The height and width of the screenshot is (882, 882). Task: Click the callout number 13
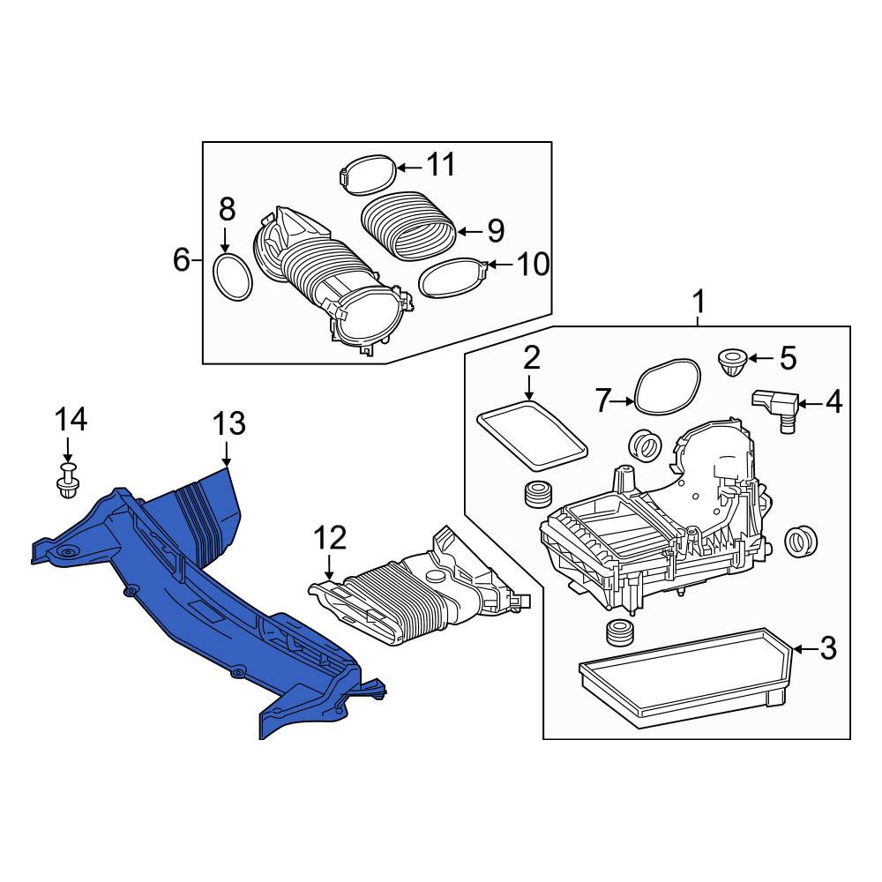click(229, 423)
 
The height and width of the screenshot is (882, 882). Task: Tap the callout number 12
click(329, 538)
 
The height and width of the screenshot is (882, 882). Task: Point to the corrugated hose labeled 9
click(407, 226)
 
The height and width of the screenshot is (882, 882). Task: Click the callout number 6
click(181, 260)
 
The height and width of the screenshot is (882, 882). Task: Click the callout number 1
click(698, 303)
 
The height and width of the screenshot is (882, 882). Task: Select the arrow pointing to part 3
click(805, 650)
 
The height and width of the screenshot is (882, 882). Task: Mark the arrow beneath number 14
click(68, 450)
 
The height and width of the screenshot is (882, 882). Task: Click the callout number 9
click(496, 230)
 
